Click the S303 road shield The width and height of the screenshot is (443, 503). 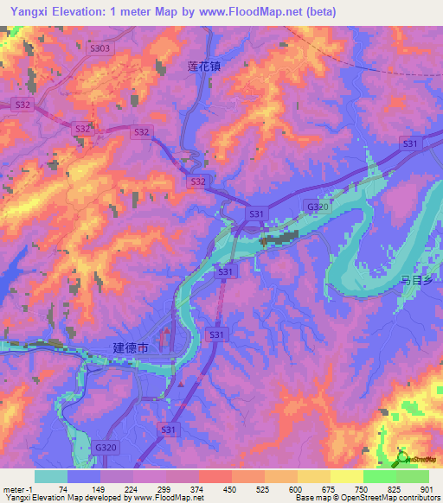tap(125, 49)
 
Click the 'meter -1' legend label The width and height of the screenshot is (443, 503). tap(17, 488)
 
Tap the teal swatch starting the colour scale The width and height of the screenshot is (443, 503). tap(51, 476)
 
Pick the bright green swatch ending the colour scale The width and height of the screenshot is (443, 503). tap(413, 476)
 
